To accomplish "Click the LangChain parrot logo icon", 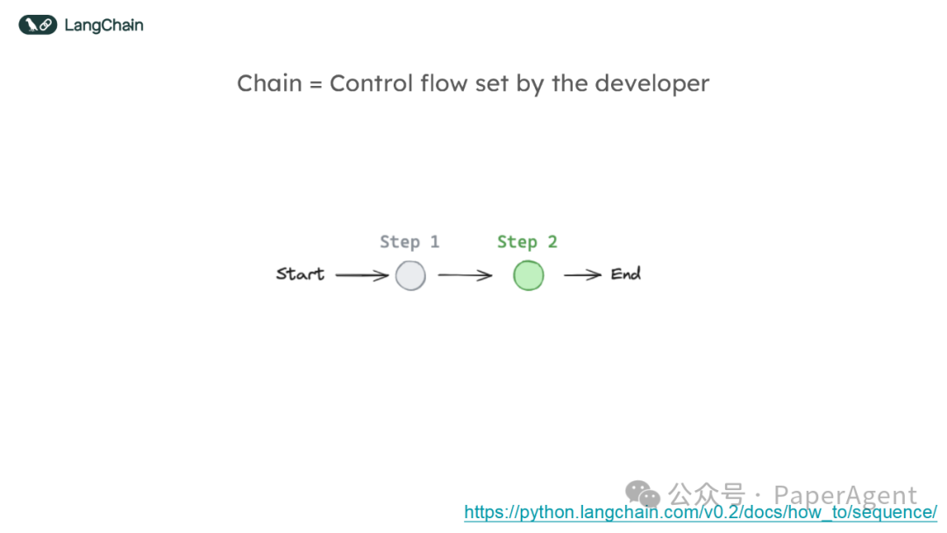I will click(38, 25).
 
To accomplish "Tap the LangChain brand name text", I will click(103, 25).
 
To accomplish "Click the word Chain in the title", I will click(269, 84).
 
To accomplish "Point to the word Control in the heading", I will click(367, 84).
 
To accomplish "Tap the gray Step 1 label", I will click(409, 242).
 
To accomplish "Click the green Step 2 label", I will click(527, 242).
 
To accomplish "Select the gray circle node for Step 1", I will click(410, 276).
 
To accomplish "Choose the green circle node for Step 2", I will click(528, 276).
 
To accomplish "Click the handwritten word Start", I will click(300, 274).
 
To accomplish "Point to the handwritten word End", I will click(626, 274).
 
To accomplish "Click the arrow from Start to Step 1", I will click(361, 276).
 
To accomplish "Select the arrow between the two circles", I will click(466, 276).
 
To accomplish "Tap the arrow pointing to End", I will click(582, 276).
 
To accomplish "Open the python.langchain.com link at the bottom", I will click(701, 512).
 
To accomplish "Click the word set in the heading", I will click(489, 84).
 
